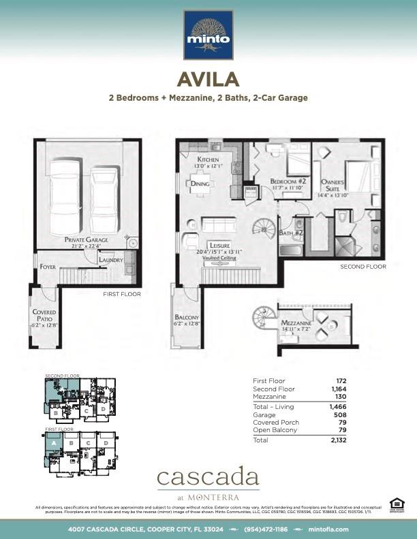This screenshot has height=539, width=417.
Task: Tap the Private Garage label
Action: pos(88,240)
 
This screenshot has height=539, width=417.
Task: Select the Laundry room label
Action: pos(111,260)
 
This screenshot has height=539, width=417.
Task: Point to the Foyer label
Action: pos(48,267)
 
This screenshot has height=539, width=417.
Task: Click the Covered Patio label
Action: pos(44,316)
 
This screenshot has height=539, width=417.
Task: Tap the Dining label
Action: pos(200,184)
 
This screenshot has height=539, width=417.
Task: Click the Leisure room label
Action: pos(219,246)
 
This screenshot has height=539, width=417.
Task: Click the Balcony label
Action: pos(187,318)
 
